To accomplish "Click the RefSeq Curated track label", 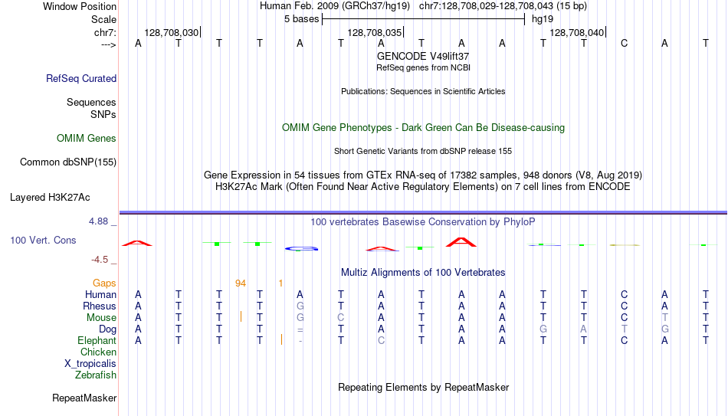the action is pyautogui.click(x=81, y=78).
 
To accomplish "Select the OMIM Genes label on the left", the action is pyautogui.click(x=87, y=139).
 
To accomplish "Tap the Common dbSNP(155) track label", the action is pyautogui.click(x=68, y=162).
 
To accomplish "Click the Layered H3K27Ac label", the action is pyautogui.click(x=50, y=198).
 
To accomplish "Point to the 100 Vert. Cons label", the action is pyautogui.click(x=43, y=240).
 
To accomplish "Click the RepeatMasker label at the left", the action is pyautogui.click(x=84, y=398).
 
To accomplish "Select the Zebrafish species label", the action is pyautogui.click(x=96, y=375).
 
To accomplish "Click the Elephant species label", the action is pyautogui.click(x=97, y=340).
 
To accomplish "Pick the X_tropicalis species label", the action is pyautogui.click(x=90, y=364).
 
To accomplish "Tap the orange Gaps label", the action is pyautogui.click(x=104, y=283).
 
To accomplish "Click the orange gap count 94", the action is pyautogui.click(x=241, y=283).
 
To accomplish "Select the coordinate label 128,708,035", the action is pyautogui.click(x=374, y=32).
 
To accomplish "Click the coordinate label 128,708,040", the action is pyautogui.click(x=576, y=32).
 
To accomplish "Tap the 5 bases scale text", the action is pyautogui.click(x=302, y=19).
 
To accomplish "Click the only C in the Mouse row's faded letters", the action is pyautogui.click(x=341, y=318).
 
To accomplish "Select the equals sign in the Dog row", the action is pyautogui.click(x=300, y=329).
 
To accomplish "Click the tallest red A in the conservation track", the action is pyautogui.click(x=461, y=242).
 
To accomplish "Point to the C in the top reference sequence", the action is pyautogui.click(x=624, y=43).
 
